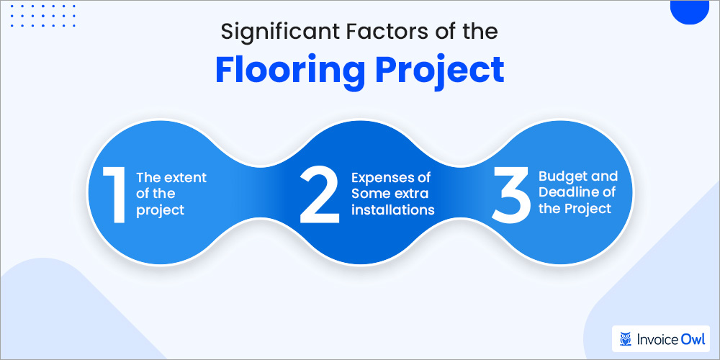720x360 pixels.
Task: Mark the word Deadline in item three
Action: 569,193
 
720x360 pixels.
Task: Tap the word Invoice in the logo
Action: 657,337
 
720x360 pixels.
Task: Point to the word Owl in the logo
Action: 693,337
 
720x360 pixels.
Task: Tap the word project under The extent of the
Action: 160,210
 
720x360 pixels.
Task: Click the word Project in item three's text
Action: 587,210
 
